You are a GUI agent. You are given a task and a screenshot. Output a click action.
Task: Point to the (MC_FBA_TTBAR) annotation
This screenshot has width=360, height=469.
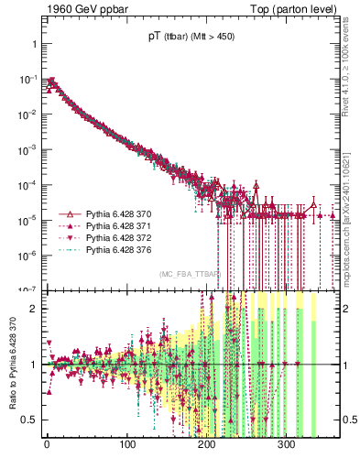[190, 274]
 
